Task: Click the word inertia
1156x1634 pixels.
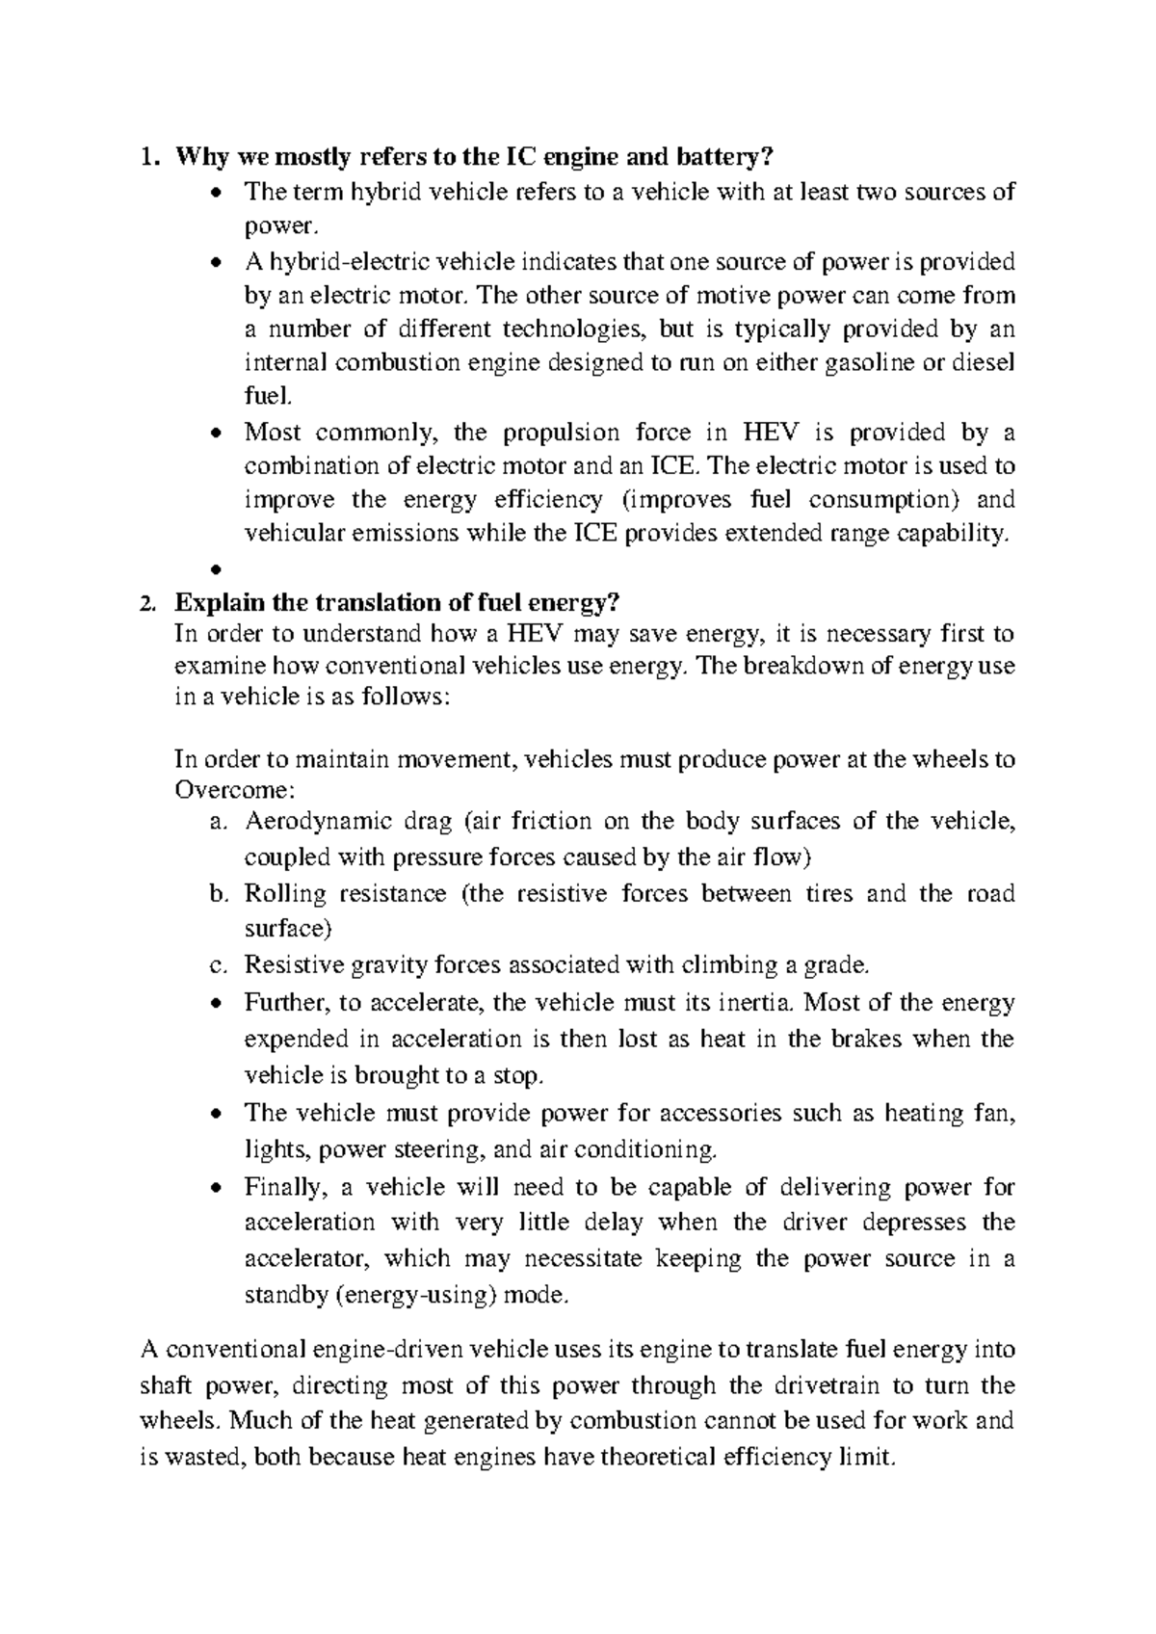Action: click(x=757, y=1003)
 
